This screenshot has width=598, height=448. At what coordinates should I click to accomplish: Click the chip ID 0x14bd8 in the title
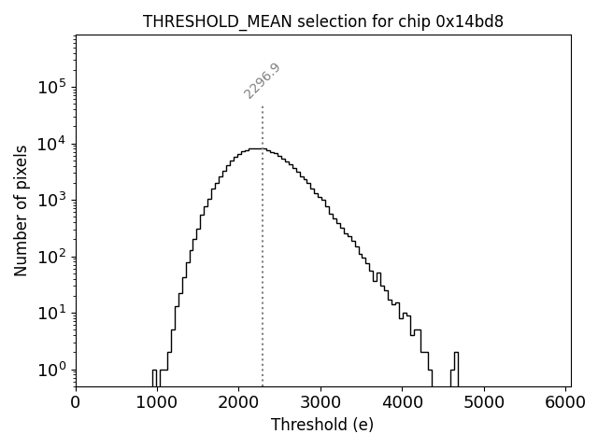pos(470,21)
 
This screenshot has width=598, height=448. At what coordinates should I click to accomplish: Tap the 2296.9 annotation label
pos(263,80)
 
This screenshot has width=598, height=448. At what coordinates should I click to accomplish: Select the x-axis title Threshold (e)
pos(322,425)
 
